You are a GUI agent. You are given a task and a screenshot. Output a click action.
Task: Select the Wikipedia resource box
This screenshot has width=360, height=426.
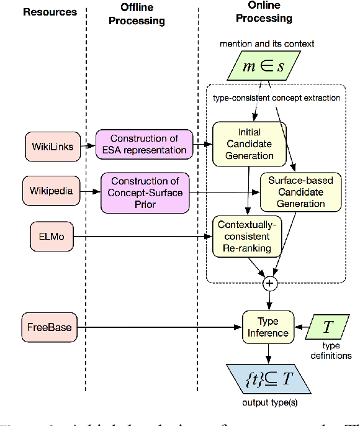[51, 191]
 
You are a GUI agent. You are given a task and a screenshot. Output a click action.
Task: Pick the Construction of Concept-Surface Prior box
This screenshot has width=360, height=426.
[144, 192]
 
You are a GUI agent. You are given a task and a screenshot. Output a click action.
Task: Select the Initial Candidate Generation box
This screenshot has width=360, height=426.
[250, 144]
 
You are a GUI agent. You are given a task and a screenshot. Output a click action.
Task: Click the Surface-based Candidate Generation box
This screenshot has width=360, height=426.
[300, 192]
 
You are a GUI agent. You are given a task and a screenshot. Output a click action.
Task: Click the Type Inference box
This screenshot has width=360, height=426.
[268, 327]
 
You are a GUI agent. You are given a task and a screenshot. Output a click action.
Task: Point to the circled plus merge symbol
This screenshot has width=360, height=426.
[269, 284]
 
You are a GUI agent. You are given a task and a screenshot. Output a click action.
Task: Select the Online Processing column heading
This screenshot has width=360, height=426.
[264, 12]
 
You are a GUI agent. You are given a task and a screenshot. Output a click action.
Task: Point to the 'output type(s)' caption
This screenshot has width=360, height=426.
[268, 402]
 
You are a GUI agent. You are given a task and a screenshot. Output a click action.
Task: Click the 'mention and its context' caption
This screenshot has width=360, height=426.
[267, 43]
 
